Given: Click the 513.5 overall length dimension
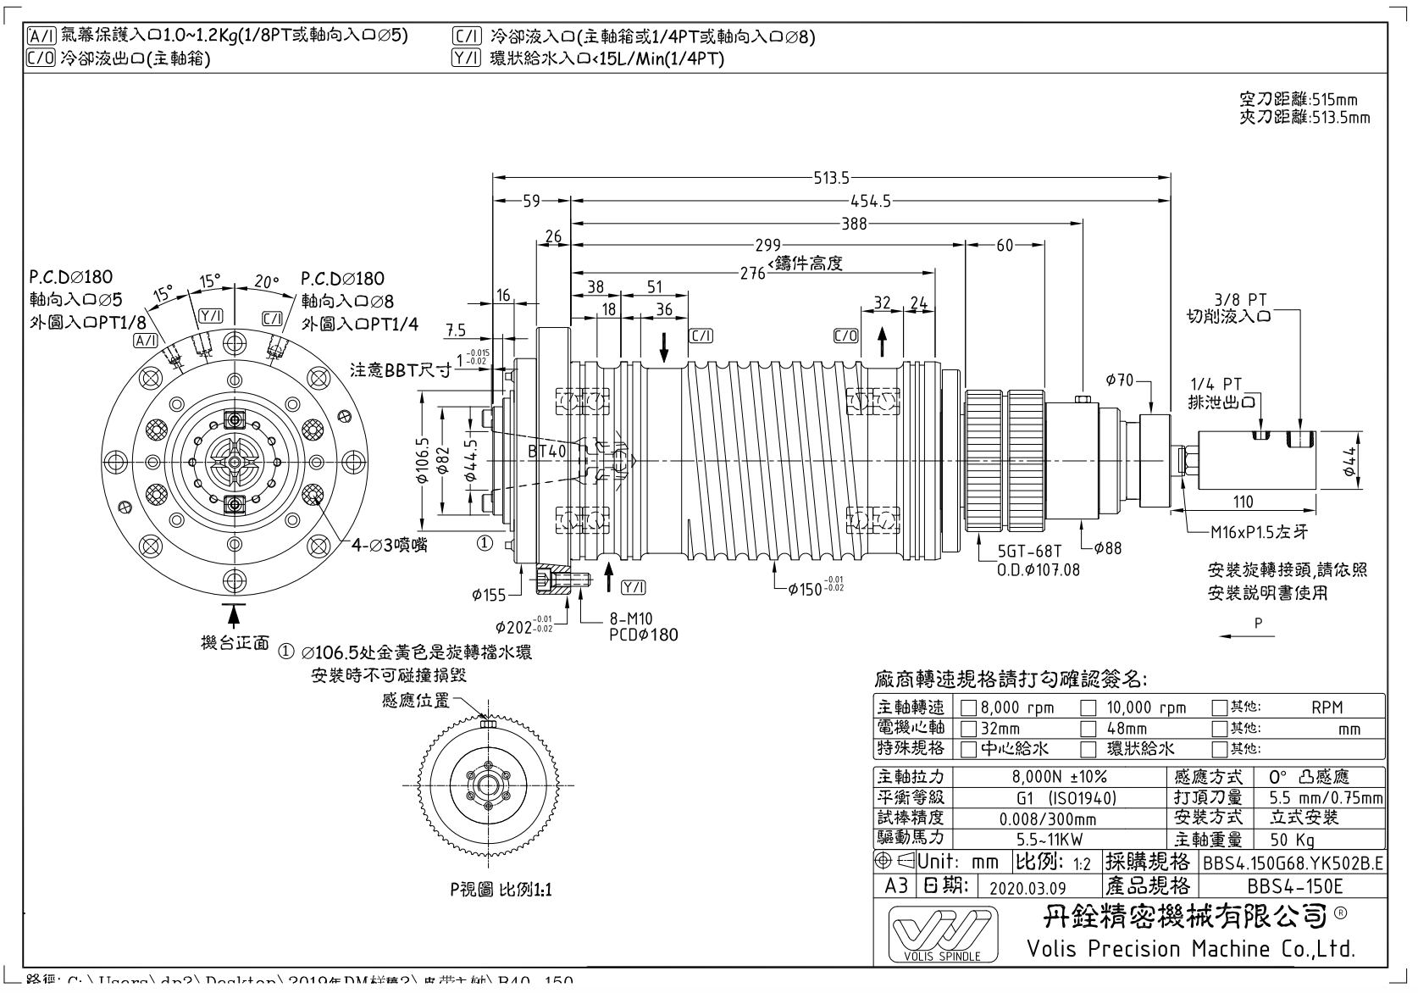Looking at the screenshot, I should (x=831, y=178).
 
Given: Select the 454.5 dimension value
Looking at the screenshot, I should (x=871, y=202).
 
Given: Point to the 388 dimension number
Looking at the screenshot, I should (x=854, y=224).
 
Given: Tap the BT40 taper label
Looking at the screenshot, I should (x=546, y=452).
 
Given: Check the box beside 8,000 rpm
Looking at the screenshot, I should (x=969, y=707).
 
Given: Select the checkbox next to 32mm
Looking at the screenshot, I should (x=969, y=729).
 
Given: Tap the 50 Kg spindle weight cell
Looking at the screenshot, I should (x=1292, y=840).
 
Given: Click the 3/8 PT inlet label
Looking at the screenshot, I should (x=1239, y=301).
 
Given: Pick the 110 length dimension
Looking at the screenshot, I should (x=1243, y=502).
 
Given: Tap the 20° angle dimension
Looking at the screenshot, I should (x=266, y=282).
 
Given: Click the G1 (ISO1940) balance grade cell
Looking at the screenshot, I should (x=1065, y=798).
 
